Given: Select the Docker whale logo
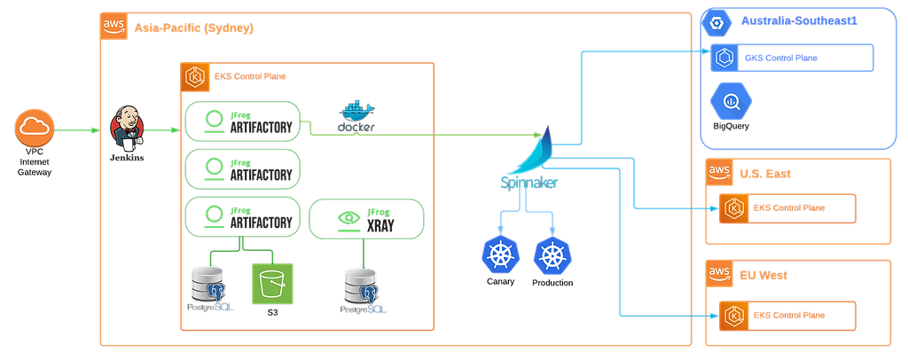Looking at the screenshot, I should (356, 118).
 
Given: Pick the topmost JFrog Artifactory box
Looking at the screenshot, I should (242, 121).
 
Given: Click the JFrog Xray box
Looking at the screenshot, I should (366, 218).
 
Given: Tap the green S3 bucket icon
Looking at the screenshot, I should (271, 284).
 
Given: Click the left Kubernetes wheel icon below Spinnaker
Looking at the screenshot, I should (498, 255).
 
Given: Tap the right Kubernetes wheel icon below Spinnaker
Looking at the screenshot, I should (551, 255).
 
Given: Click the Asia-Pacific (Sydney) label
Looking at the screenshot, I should (193, 28).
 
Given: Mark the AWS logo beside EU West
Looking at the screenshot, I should (718, 275).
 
